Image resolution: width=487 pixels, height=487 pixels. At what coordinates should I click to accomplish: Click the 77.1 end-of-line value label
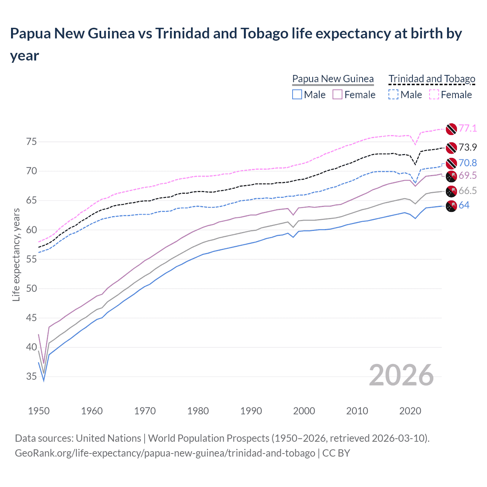[468, 129]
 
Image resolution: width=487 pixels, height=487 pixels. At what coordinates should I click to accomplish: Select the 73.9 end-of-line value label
[468, 147]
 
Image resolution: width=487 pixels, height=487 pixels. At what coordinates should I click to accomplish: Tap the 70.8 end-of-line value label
[468, 163]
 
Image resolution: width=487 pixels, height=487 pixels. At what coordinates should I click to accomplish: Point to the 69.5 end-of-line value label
[468, 175]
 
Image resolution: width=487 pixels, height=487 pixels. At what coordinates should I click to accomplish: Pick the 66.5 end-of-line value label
[468, 191]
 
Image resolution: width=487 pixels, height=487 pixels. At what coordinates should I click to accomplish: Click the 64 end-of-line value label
[464, 205]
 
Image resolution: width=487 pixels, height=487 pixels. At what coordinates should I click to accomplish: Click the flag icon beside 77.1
[451, 129]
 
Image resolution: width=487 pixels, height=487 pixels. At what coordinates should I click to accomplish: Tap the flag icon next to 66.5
[451, 191]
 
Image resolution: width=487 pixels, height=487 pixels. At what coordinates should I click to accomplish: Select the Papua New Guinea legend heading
[333, 79]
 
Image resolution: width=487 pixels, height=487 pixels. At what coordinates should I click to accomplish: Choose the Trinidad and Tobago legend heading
[432, 79]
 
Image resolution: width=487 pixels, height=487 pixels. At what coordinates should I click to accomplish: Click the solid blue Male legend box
[297, 94]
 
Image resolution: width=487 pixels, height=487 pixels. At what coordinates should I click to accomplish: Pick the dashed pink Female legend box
[434, 94]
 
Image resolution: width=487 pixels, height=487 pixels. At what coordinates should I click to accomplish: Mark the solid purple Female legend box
[337, 94]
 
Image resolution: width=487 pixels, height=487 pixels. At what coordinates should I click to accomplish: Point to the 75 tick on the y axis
[32, 142]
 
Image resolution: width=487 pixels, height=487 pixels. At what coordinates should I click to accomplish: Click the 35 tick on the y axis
[32, 377]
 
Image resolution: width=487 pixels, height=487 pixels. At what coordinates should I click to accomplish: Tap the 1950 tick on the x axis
[39, 411]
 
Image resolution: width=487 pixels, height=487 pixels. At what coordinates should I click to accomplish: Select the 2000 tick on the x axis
[304, 411]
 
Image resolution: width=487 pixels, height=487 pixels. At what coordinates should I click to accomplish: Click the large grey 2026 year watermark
[401, 375]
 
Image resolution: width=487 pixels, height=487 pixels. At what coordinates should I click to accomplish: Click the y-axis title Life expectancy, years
[16, 255]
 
